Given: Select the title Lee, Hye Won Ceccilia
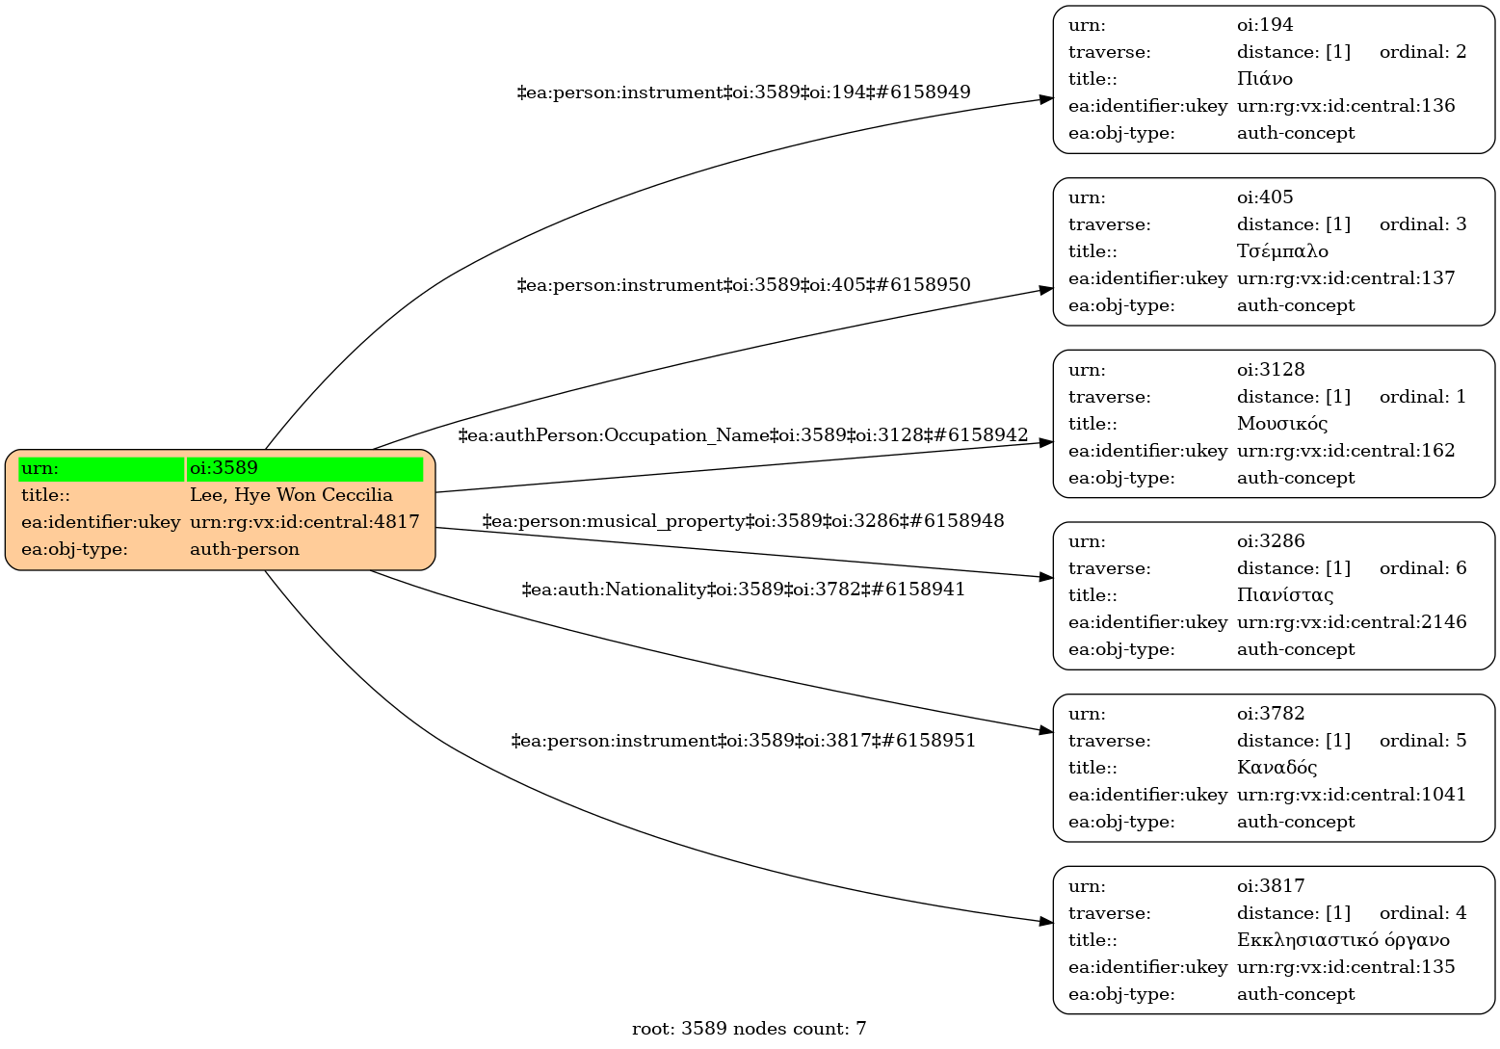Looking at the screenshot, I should (x=291, y=495).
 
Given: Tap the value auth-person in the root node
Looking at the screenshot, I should (x=245, y=549).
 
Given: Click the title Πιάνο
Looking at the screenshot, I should (x=1265, y=79).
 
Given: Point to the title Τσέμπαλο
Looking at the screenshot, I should (x=1282, y=251).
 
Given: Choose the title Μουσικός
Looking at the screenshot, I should (x=1282, y=424).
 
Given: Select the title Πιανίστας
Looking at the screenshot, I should (x=1285, y=595).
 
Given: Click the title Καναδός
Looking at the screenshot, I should (x=1277, y=768).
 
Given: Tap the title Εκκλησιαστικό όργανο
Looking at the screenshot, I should (x=1343, y=940).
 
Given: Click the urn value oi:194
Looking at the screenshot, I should (x=1265, y=25).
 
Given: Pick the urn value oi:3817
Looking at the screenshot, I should (x=1271, y=886).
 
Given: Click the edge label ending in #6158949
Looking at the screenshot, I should (x=744, y=92).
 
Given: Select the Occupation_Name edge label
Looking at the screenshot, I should (x=743, y=435).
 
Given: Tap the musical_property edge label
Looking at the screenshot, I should (x=743, y=521).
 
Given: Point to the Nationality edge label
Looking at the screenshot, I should (x=743, y=589).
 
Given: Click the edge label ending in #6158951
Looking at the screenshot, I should (x=743, y=741).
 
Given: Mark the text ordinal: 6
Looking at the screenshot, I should (x=1423, y=568).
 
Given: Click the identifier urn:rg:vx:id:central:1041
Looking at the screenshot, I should (x=1352, y=795).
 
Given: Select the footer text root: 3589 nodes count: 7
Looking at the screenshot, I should (x=749, y=1029).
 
